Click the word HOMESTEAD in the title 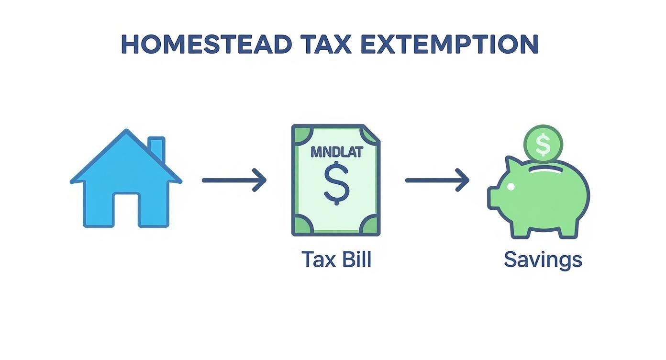[x=206, y=44]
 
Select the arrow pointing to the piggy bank [x=437, y=180]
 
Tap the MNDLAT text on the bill [x=336, y=152]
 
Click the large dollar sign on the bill [x=336, y=182]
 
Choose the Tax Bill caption [x=336, y=259]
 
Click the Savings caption [x=543, y=259]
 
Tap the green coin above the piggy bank [x=543, y=144]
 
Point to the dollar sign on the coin [x=543, y=145]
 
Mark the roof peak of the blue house [x=126, y=132]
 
